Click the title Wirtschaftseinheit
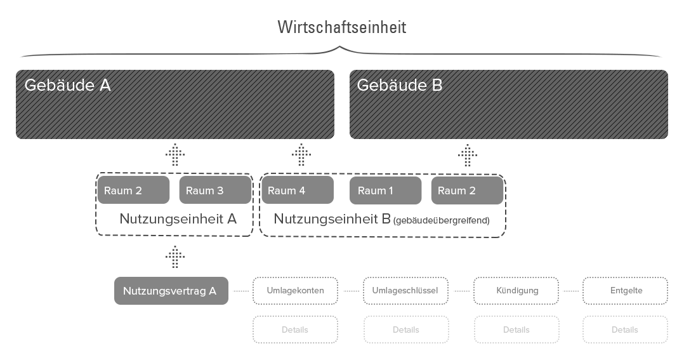coord(341,28)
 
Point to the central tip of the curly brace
coord(341,46)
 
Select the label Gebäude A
coord(67,85)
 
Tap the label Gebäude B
coord(399,85)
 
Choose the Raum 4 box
coord(297,190)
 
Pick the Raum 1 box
coord(385,190)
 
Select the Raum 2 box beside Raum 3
coord(133,190)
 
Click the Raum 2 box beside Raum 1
coord(467,190)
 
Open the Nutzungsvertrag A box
coord(171,291)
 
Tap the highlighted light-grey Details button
coord(295,330)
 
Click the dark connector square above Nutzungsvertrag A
coord(175,257)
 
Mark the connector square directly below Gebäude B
coord(468,155)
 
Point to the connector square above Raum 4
coord(301,154)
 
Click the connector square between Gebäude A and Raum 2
coord(175,154)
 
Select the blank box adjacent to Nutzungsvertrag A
coord(296,291)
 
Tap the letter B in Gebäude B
coord(437,85)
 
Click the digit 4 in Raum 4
coord(302,190)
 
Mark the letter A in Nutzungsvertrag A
coord(213,291)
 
